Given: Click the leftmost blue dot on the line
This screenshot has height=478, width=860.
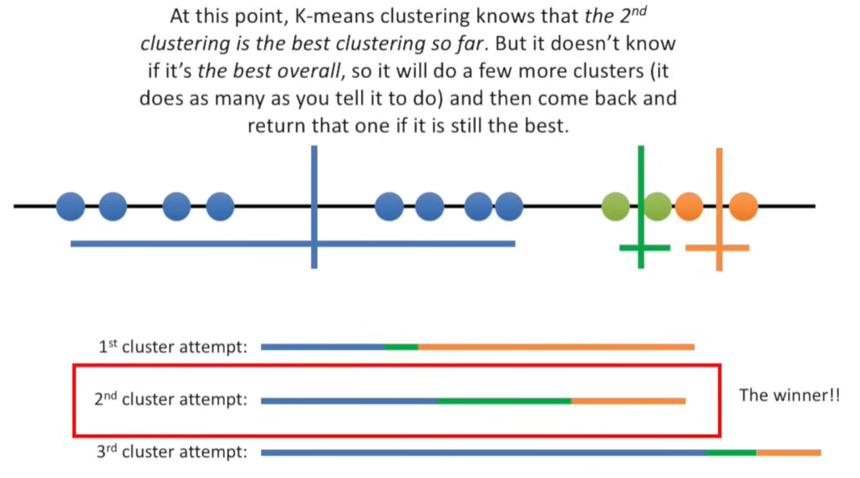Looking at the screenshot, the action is [x=71, y=206].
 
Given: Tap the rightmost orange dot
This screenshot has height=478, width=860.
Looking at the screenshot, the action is [x=743, y=206].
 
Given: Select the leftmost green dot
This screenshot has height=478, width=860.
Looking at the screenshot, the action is [x=616, y=206].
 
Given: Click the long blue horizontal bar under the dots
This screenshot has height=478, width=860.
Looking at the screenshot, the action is [x=192, y=244].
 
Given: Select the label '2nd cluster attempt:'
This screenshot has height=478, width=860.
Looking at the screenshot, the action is [x=171, y=399].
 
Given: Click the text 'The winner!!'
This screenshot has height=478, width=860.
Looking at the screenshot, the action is [x=789, y=394].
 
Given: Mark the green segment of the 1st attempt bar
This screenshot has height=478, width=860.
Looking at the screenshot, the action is [x=401, y=347].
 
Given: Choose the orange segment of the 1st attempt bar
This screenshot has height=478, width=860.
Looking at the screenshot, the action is [x=556, y=347].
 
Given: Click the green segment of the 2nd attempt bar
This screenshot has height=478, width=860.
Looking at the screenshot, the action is [x=504, y=400].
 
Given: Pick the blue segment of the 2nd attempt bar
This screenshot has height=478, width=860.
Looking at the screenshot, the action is [x=349, y=400].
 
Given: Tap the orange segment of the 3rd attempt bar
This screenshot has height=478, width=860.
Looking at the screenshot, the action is [x=788, y=453].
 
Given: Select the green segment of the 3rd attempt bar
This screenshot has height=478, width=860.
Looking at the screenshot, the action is [x=730, y=453].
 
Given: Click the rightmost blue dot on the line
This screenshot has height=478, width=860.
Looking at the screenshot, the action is [x=508, y=206].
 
